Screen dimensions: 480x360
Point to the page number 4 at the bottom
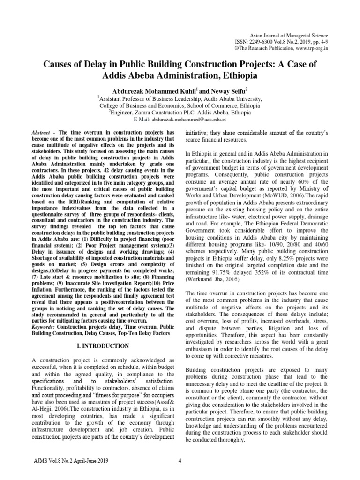[180, 460]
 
